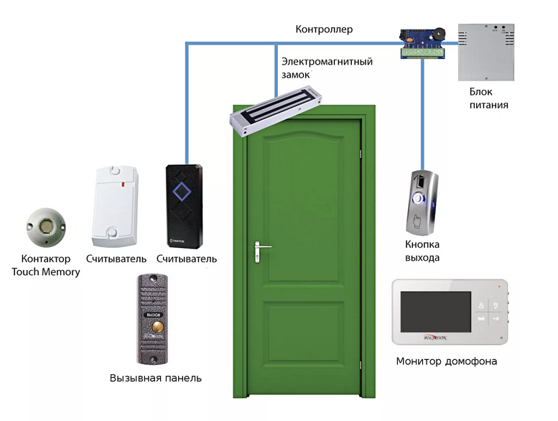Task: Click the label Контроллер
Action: click(324, 29)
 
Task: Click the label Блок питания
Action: click(488, 98)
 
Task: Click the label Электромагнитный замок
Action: click(327, 68)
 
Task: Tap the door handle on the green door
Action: click(260, 249)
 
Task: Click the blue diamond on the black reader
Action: click(184, 192)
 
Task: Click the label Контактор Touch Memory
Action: click(46, 265)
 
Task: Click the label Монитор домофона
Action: click(447, 361)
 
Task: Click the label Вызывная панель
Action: click(156, 378)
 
